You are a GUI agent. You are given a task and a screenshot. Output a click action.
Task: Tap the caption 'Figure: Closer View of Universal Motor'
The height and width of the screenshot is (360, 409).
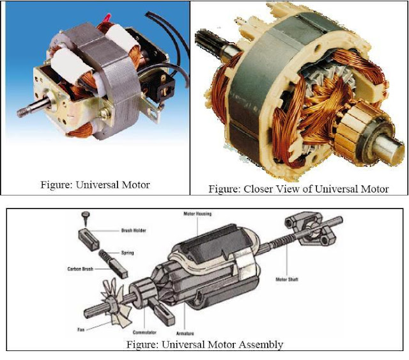298,189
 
